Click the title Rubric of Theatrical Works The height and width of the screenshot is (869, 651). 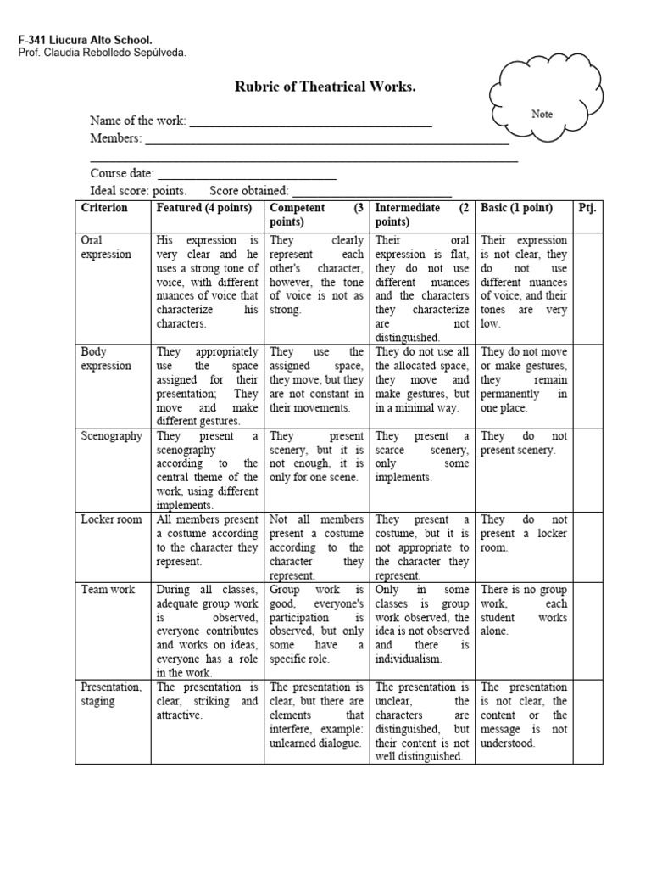coord(325,87)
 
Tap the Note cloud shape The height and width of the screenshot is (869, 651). coord(542,112)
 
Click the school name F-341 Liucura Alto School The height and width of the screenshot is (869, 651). coord(86,40)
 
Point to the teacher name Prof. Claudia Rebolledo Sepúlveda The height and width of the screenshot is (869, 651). coord(101,53)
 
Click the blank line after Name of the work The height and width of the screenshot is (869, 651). coord(310,121)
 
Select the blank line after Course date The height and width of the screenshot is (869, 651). coord(247,173)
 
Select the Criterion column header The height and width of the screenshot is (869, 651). coord(104,208)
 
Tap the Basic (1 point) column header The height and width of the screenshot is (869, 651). coord(517,208)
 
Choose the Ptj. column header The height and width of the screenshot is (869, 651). coord(587,208)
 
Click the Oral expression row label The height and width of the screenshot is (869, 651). coord(106,247)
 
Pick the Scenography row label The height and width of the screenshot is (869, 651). coord(111,435)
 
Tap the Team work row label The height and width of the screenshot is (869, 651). coord(108,589)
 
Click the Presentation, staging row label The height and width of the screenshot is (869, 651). coord(111,693)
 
